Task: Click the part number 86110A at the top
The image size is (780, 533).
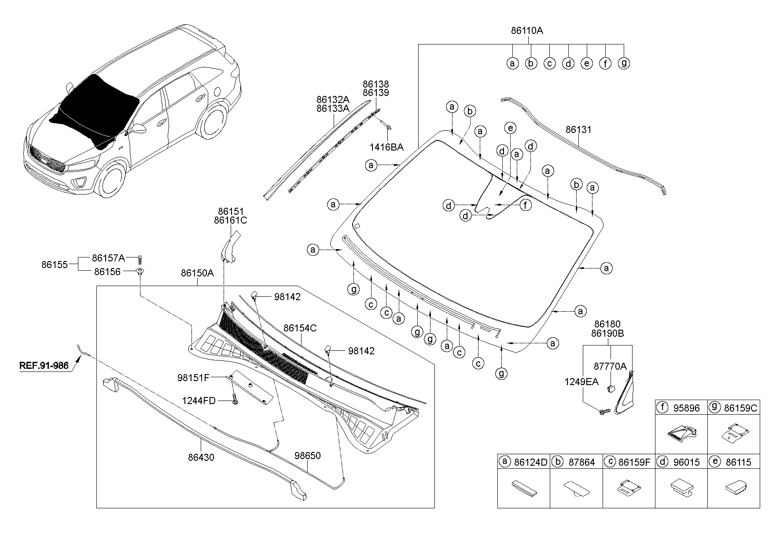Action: pos(527,31)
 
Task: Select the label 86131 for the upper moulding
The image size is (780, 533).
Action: pos(578,130)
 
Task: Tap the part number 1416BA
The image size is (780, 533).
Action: pos(386,147)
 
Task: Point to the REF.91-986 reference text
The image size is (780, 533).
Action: pos(44,365)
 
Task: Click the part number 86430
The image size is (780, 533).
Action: pos(201,458)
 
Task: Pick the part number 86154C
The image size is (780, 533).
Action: pos(300,328)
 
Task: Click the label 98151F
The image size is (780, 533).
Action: pos(193,378)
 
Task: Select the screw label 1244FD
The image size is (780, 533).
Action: pos(199,401)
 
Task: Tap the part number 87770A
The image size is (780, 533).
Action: pos(610,366)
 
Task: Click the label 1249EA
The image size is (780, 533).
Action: pos(581,382)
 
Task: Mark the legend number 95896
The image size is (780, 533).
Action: pos(686,408)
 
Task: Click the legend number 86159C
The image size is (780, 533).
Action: pos(740,408)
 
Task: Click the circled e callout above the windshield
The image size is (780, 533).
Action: pos(510,129)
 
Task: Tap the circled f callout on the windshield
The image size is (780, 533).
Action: pos(526,205)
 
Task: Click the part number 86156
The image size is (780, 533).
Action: pos(107,272)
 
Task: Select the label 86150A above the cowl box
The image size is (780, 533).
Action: pos(197,273)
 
